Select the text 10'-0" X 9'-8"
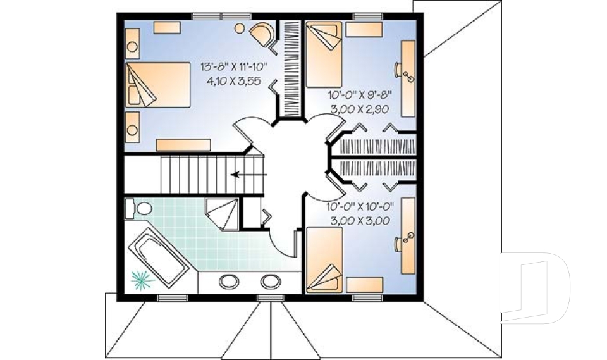click(359, 96)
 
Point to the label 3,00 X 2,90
click(359, 109)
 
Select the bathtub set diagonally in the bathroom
click(159, 260)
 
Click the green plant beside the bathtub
click(142, 278)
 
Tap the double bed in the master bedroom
click(157, 85)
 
